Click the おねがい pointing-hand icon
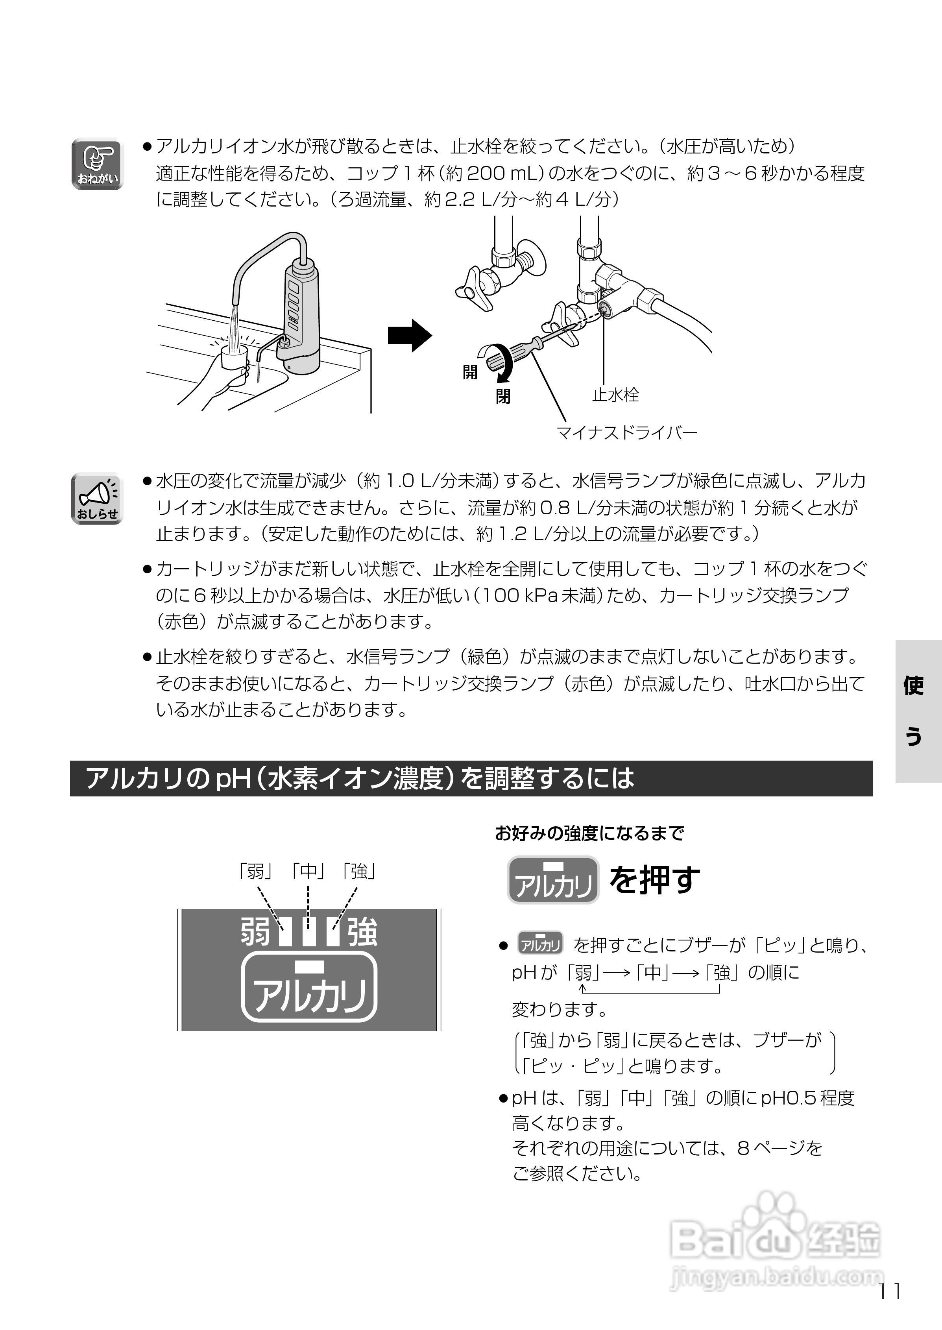pyautogui.click(x=97, y=164)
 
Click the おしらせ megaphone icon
pyautogui.click(x=97, y=499)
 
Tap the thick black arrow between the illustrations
pyautogui.click(x=410, y=335)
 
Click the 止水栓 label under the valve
pyautogui.click(x=615, y=395)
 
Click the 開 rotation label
pyautogui.click(x=470, y=372)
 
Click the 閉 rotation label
pyautogui.click(x=502, y=397)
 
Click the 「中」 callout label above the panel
pyautogui.click(x=308, y=871)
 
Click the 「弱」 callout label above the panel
pyautogui.click(x=255, y=871)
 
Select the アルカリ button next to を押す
pyautogui.click(x=553, y=880)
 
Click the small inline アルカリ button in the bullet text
pyautogui.click(x=540, y=945)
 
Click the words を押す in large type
pyautogui.click(x=655, y=880)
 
